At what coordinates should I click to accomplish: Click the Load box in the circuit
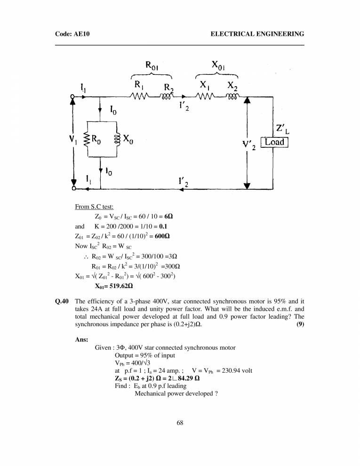tap(274, 142)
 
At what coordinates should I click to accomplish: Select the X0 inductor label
tap(127, 139)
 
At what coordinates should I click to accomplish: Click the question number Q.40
tap(63, 300)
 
